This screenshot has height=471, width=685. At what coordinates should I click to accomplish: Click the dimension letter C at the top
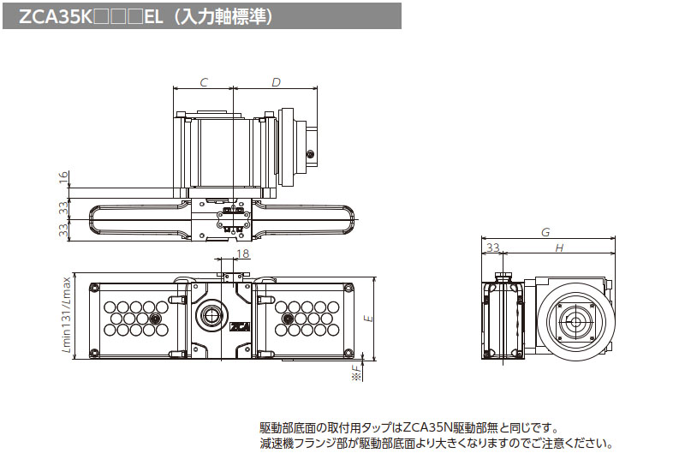click(x=204, y=82)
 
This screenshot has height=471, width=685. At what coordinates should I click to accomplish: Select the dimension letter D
click(x=276, y=82)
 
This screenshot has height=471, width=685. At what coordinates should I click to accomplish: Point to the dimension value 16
click(x=63, y=177)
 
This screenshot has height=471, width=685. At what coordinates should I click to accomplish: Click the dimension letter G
click(x=545, y=232)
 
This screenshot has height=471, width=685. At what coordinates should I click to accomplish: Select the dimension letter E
click(x=368, y=318)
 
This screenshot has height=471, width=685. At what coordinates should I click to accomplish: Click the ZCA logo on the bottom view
click(x=240, y=325)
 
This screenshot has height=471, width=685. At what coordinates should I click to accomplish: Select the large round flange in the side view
click(x=575, y=323)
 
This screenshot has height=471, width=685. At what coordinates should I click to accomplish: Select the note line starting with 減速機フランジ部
click(x=436, y=444)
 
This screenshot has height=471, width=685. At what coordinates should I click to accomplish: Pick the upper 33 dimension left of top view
click(x=63, y=207)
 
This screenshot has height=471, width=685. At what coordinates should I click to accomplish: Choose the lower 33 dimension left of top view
click(x=63, y=230)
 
